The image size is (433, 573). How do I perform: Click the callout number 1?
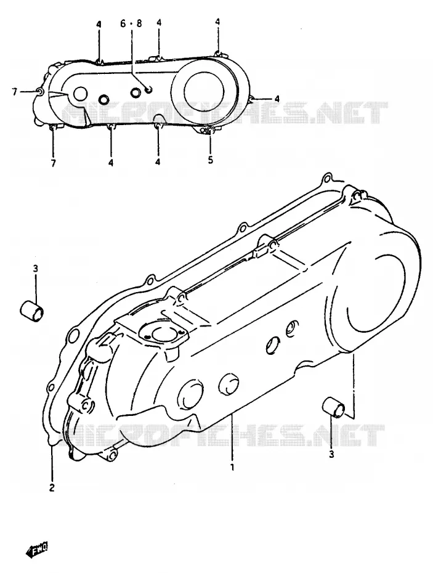tap(232, 467)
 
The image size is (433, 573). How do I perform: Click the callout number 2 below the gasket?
tap(52, 487)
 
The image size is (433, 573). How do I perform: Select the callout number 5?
tap(211, 160)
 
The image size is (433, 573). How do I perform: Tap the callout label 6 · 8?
tap(131, 23)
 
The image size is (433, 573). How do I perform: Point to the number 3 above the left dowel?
tap(36, 269)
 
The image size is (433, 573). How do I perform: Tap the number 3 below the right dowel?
tap(331, 455)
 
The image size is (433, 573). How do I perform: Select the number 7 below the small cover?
tap(54, 163)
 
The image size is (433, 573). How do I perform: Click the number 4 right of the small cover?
tap(277, 99)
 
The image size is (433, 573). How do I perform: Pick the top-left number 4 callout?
tap(99, 25)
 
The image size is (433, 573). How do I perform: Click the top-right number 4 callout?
tap(217, 22)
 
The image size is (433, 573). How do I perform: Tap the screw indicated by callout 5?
tap(209, 131)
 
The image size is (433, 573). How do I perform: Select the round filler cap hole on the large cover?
tap(161, 335)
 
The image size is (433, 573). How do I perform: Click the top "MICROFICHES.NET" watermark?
tap(223, 112)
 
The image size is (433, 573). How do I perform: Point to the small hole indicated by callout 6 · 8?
tap(148, 89)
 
